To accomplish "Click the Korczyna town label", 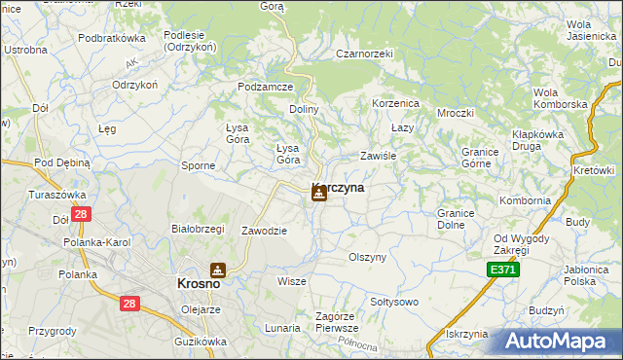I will (x=339, y=189).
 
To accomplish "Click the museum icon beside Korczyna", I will (x=318, y=194).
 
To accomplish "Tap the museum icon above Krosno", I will (x=219, y=270).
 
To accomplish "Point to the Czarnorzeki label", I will (x=363, y=54).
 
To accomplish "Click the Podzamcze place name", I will (x=266, y=87).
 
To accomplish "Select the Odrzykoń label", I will (x=134, y=85).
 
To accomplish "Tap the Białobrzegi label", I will (x=198, y=229).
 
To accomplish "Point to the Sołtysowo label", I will (x=393, y=302).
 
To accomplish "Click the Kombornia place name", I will (x=525, y=200).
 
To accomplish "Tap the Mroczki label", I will (x=455, y=112).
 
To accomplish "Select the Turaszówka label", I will (x=57, y=195).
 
